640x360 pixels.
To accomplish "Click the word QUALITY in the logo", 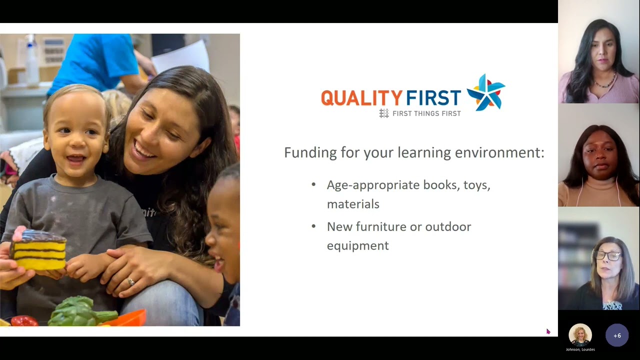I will pos(361,97).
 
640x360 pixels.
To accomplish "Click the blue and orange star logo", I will pos(485,92).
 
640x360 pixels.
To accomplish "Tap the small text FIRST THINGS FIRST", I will pos(426,113).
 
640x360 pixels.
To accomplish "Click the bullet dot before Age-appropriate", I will pos(313,184).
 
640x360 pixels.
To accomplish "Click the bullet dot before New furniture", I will pos(313,226).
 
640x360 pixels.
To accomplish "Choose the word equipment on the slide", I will pos(357,245).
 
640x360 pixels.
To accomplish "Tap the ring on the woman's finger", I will pos(131,282).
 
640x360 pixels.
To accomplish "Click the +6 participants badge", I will pos(617,335).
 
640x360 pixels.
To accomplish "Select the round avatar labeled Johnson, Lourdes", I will pos(580,335).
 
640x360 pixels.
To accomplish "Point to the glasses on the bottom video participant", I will pos(608,255).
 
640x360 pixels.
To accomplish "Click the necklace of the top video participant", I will pos(604,83).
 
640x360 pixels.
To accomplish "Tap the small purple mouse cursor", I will pos(548,331).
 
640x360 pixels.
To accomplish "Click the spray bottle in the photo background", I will pos(32,57).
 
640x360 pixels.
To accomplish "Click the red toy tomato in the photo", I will pos(24,320).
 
